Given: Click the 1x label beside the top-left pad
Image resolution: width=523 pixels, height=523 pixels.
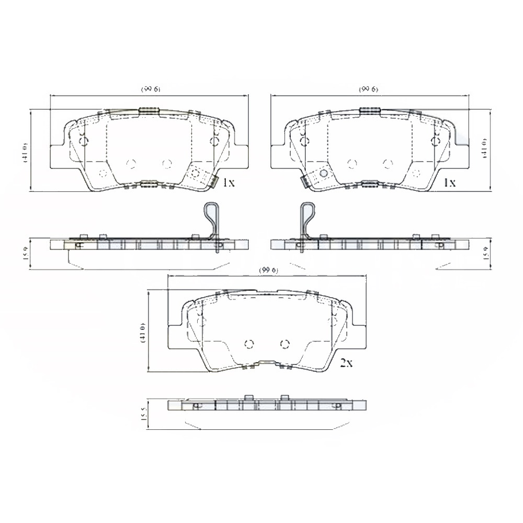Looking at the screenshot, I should (x=228, y=183).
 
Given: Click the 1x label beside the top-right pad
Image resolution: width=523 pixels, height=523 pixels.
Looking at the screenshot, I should (x=448, y=183).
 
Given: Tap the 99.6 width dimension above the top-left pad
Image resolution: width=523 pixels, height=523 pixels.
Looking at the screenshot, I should (x=151, y=89).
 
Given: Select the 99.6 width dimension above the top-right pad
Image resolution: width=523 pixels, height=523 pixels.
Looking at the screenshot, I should (x=370, y=89).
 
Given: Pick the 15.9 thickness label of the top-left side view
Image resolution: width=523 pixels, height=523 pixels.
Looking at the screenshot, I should (x=25, y=252).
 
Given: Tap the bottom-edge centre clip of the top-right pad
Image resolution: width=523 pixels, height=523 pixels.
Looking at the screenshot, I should (x=370, y=184).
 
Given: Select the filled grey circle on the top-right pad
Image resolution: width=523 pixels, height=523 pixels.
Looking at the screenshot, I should (x=323, y=172).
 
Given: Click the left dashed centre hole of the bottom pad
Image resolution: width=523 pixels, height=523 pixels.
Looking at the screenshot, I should (x=249, y=344).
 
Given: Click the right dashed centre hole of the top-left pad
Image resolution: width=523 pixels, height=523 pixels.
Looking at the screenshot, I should (x=167, y=164).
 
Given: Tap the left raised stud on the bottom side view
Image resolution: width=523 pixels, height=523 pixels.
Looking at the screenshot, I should (x=249, y=398).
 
